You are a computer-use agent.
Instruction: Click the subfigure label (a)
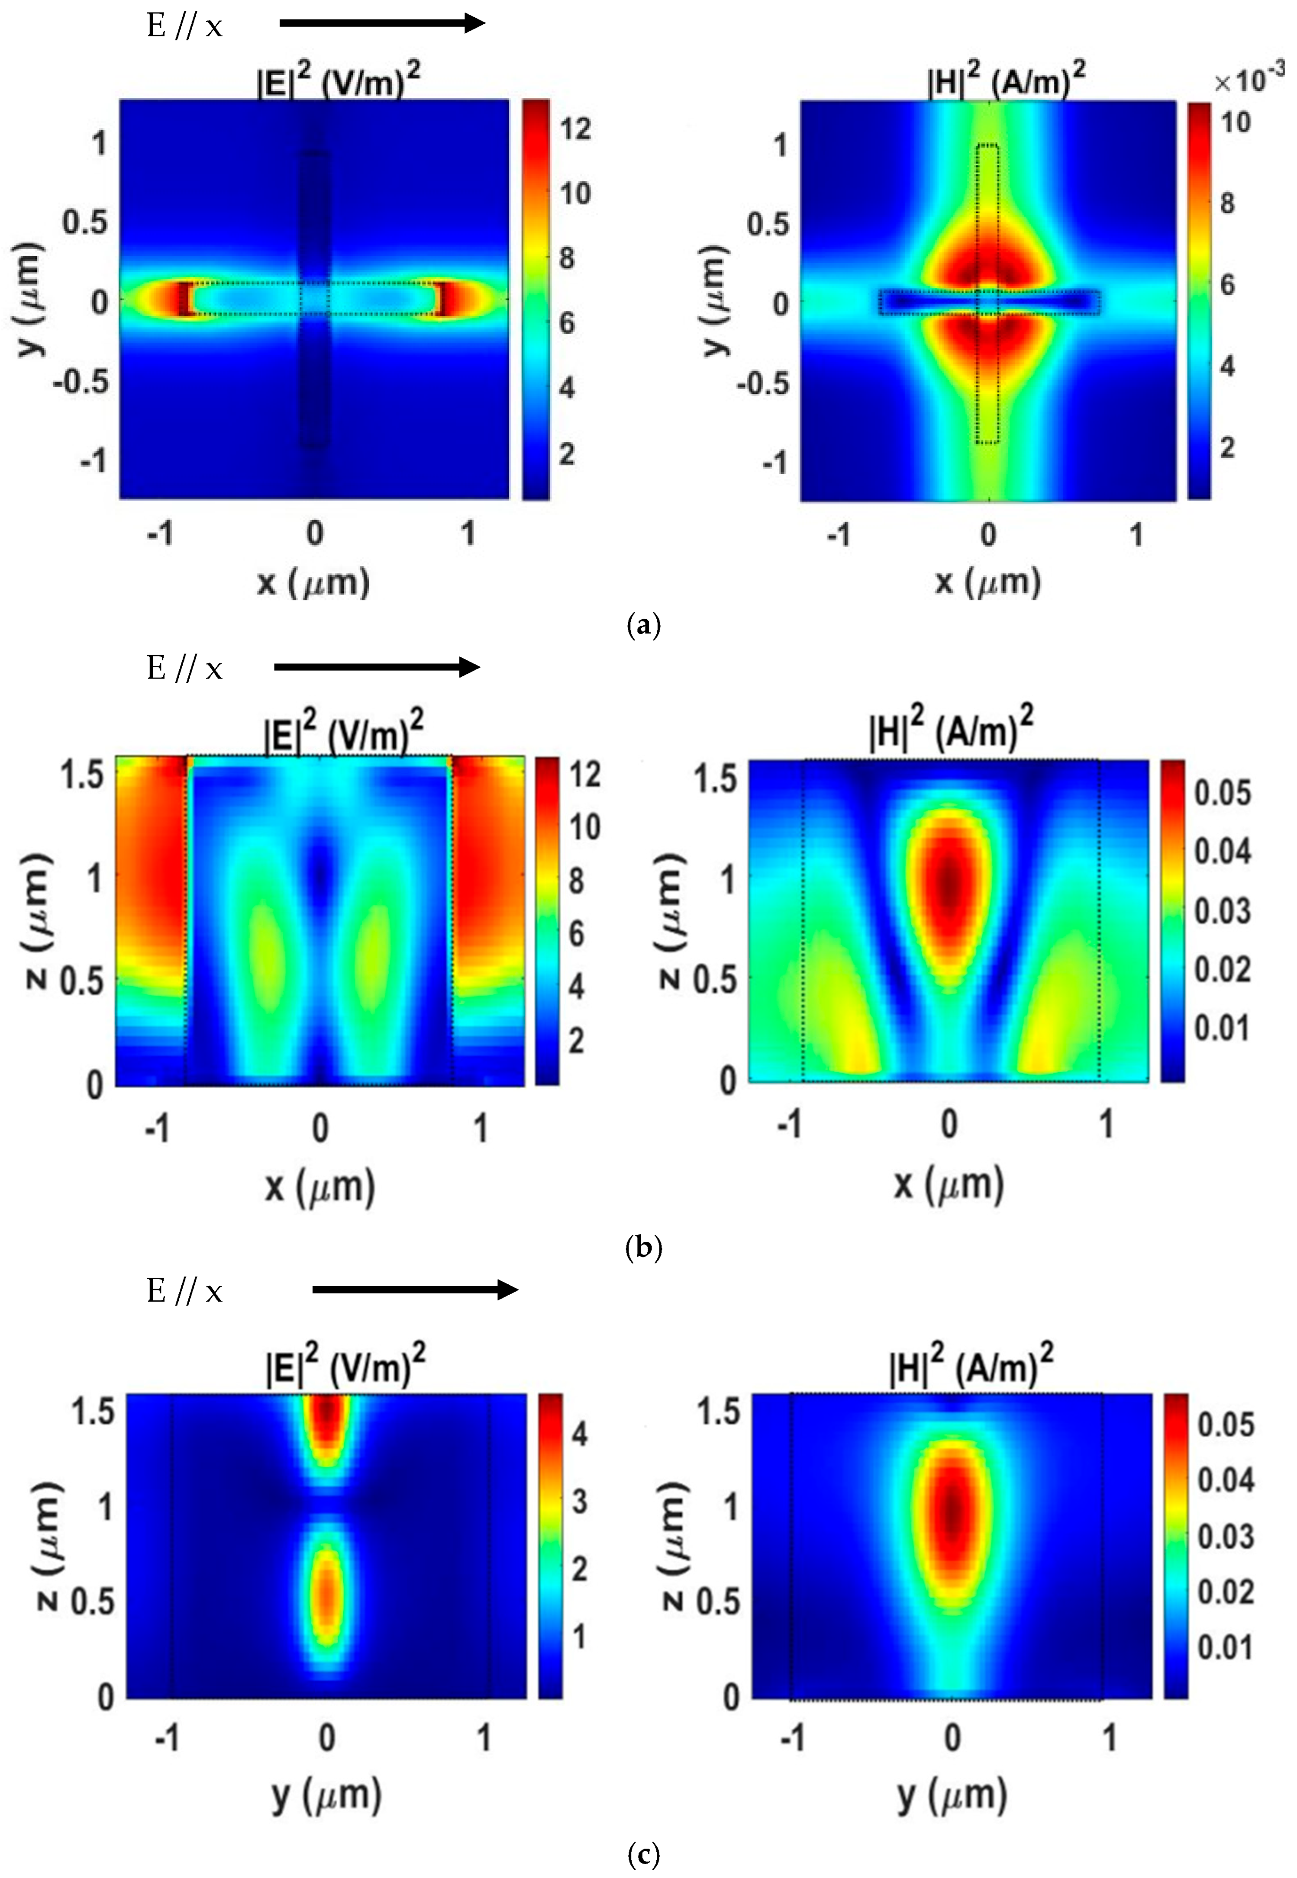pos(645,625)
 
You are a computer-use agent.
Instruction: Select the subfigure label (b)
pos(645,1246)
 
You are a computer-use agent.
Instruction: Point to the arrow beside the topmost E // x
pos(382,23)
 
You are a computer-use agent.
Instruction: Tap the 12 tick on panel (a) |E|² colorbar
pos(574,129)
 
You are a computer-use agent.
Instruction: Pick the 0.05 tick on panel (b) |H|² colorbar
pos(1221,793)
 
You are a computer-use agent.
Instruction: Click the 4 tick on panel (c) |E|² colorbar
pos(579,1434)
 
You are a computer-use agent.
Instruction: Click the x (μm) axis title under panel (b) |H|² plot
pos(949,1185)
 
